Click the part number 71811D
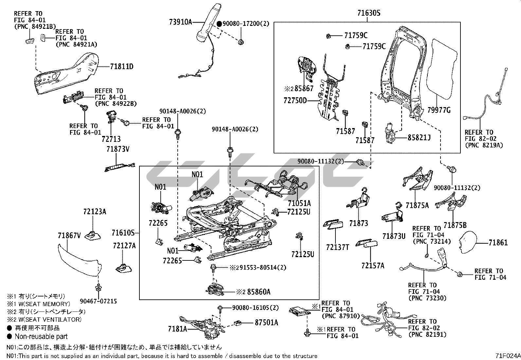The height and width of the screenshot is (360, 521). tap(121, 67)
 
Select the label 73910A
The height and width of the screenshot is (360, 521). tap(180, 22)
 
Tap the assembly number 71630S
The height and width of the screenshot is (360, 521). tap(369, 13)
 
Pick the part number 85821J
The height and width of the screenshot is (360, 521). tap(419, 138)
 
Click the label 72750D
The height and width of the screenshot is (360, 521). tap(295, 101)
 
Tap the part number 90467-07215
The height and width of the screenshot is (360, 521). tap(98, 301)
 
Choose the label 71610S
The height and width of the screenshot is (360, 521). tap(123, 233)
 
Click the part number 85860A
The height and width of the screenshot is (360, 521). tap(259, 292)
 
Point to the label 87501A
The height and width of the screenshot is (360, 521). tap(266, 323)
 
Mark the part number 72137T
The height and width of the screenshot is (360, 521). tap(337, 247)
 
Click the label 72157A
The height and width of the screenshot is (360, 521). tap(373, 265)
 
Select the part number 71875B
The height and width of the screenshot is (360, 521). tap(455, 225)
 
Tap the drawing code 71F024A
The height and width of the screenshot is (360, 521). tap(508, 356)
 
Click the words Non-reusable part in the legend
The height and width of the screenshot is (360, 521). tap(41, 336)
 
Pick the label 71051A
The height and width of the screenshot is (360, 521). tap(299, 203)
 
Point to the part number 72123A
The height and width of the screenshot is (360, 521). tap(95, 212)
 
